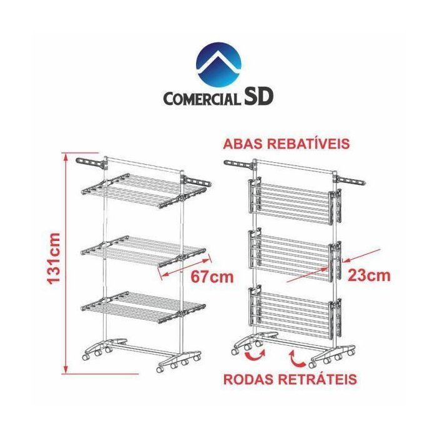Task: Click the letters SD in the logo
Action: pos(257,97)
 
